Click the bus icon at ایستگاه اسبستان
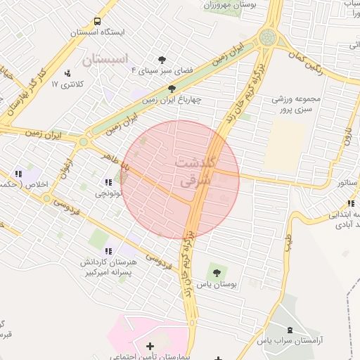(96, 21)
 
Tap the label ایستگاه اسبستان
(97, 32)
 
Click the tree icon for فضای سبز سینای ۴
(162, 60)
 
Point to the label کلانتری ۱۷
(67, 84)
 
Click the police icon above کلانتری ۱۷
(67, 73)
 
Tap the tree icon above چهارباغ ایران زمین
(172, 89)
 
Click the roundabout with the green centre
(268, 38)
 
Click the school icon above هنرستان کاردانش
(108, 251)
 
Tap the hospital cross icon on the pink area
(149, 346)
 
